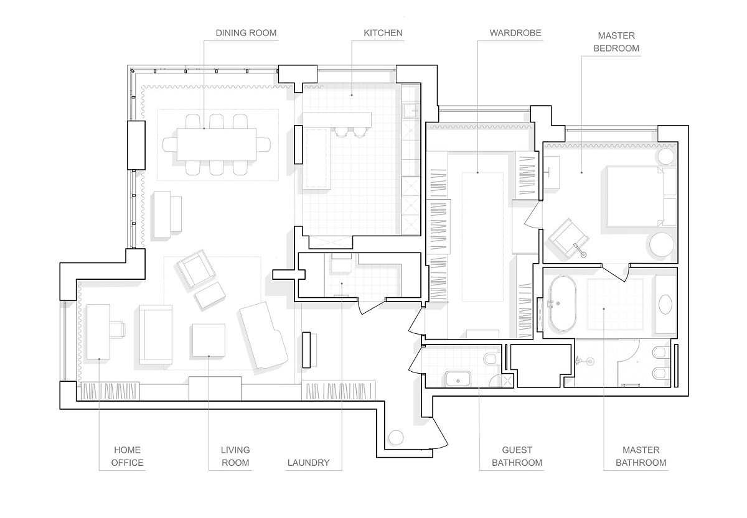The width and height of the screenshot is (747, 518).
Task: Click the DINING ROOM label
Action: pyautogui.click(x=246, y=33)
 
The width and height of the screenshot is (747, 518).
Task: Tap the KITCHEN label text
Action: pyautogui.click(x=383, y=33)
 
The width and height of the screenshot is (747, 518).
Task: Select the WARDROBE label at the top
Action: pyautogui.click(x=515, y=33)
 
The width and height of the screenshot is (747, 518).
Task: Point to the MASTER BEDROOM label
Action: pyautogui.click(x=616, y=42)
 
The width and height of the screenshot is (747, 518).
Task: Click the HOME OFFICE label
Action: pyautogui.click(x=127, y=456)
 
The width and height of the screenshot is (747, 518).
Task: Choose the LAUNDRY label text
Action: pyautogui.click(x=309, y=463)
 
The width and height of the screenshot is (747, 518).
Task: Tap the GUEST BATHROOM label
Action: pyautogui.click(x=517, y=456)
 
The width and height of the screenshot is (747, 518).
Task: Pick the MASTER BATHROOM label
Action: pyautogui.click(x=641, y=456)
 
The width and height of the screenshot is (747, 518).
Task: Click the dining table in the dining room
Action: pyautogui.click(x=217, y=144)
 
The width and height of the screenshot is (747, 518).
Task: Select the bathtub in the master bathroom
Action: pyautogui.click(x=563, y=304)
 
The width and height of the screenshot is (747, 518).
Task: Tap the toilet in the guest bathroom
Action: pyautogui.click(x=490, y=359)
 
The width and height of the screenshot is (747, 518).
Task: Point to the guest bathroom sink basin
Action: pyautogui.click(x=458, y=379)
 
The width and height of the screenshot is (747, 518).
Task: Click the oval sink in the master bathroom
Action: pyautogui.click(x=665, y=304)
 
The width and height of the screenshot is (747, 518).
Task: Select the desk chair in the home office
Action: pyautogui.click(x=118, y=330)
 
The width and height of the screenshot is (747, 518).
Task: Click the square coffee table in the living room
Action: pyautogui.click(x=209, y=340)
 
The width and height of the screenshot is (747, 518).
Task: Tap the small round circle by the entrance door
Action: pyautogui.click(x=396, y=438)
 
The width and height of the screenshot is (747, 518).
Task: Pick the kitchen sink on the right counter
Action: pyautogui.click(x=410, y=110)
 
